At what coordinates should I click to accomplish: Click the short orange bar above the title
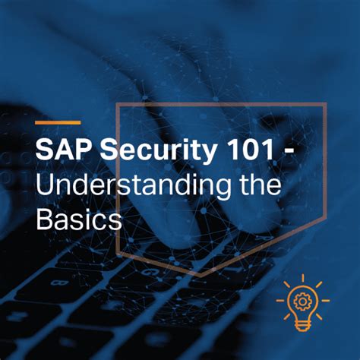pyautogui.click(x=58, y=122)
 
